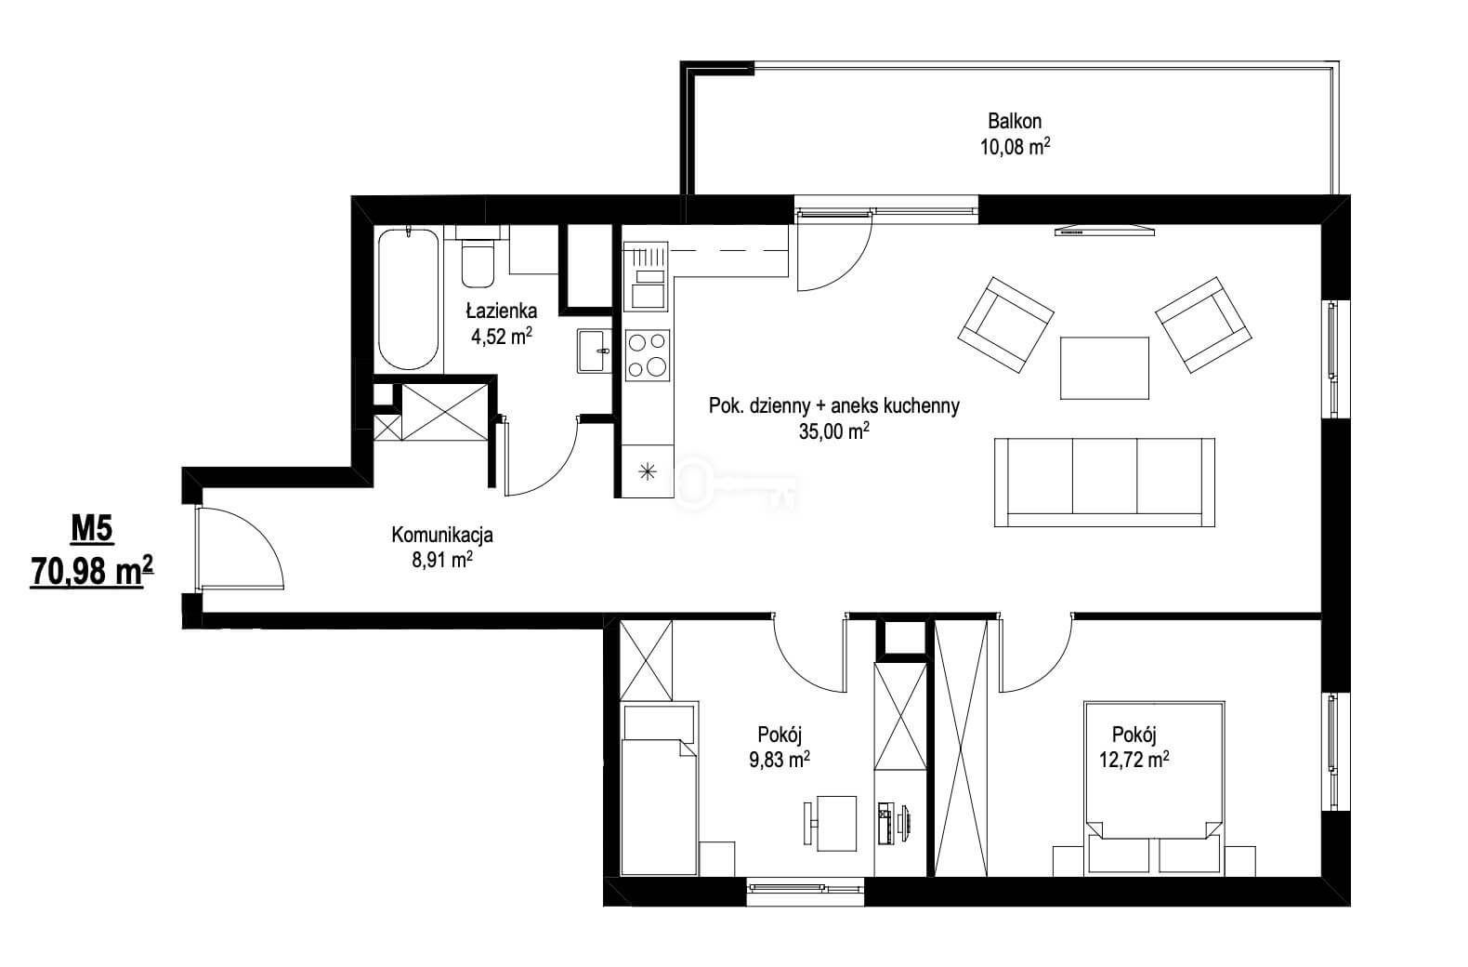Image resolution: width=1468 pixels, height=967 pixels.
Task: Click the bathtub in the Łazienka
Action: click(x=408, y=299)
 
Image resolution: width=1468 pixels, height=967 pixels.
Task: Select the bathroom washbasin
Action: click(x=594, y=351)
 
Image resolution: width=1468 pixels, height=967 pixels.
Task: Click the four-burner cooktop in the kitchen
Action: click(x=648, y=355)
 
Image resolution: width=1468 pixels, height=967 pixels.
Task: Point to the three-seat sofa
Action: click(x=1105, y=483)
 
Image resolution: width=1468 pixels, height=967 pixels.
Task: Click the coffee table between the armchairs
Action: click(x=1105, y=367)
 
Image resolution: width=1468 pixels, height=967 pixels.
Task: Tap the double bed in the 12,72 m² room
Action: click(x=1154, y=788)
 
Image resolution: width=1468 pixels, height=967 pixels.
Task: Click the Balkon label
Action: click(x=1015, y=121)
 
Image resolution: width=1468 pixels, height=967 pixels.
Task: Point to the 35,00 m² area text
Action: click(x=834, y=431)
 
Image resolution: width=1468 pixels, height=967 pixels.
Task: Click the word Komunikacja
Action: click(x=442, y=535)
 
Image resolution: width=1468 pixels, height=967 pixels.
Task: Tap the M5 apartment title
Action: click(x=92, y=530)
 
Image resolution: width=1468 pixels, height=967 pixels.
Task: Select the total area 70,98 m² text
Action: click(x=92, y=571)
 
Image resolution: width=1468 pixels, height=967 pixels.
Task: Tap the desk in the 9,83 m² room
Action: click(x=836, y=823)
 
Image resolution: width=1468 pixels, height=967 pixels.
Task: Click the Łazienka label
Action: click(x=502, y=311)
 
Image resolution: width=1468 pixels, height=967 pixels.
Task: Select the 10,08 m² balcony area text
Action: click(x=1016, y=146)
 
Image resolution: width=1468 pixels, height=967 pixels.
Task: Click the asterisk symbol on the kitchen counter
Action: click(x=648, y=471)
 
